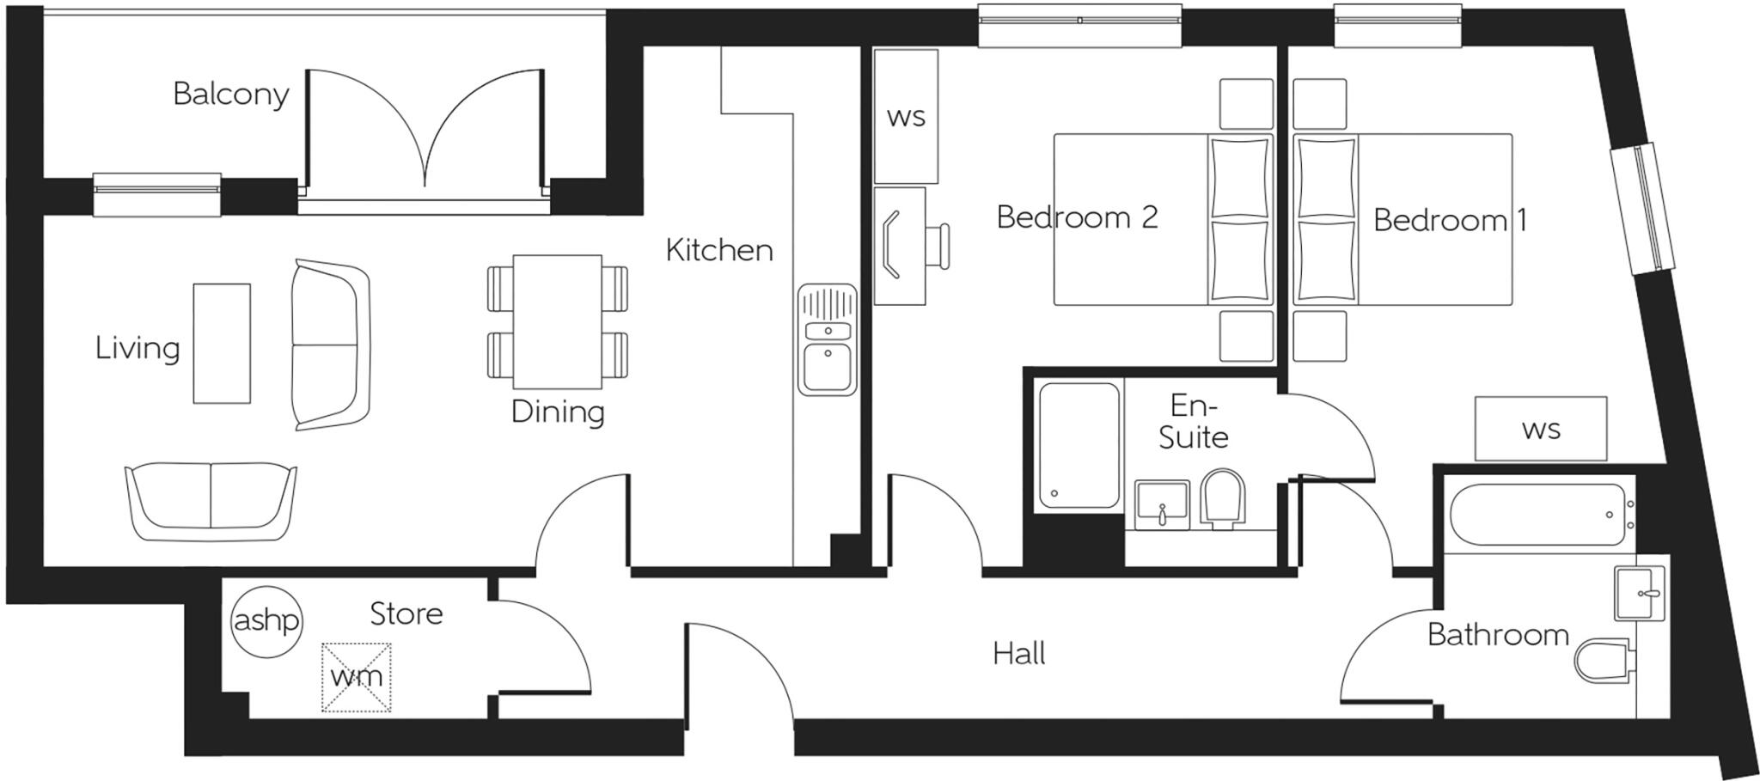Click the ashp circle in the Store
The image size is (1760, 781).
pyautogui.click(x=266, y=621)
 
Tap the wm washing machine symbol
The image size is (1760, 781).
pyautogui.click(x=356, y=677)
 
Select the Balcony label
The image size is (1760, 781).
pyautogui.click(x=230, y=94)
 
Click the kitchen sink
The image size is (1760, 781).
pyautogui.click(x=827, y=339)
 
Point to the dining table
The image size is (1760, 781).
pyautogui.click(x=557, y=321)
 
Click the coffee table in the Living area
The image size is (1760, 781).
pyautogui.click(x=222, y=343)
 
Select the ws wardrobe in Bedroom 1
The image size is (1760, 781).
pyautogui.click(x=1540, y=429)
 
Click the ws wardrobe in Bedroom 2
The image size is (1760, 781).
pyautogui.click(x=905, y=116)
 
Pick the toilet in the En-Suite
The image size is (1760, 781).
pyautogui.click(x=1222, y=499)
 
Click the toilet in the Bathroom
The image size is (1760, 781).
pyautogui.click(x=1602, y=660)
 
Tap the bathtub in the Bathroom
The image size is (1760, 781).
pyautogui.click(x=1537, y=515)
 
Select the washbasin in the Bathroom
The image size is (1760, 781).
pyautogui.click(x=1639, y=593)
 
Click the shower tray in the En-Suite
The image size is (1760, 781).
pyautogui.click(x=1079, y=446)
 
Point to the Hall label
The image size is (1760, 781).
pyautogui.click(x=1018, y=654)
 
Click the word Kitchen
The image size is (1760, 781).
pyautogui.click(x=718, y=250)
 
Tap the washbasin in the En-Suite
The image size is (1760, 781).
pyautogui.click(x=1162, y=504)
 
